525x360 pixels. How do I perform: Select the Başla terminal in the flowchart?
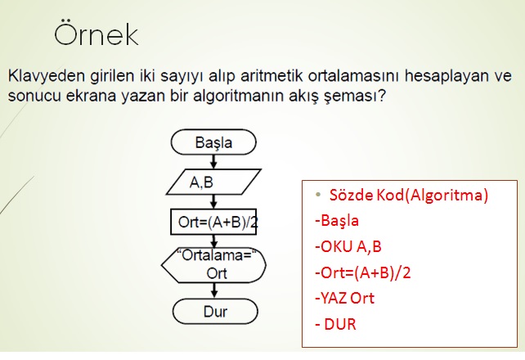(213, 142)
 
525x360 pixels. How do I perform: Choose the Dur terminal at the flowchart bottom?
(213, 311)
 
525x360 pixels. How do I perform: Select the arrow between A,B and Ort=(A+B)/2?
(213, 201)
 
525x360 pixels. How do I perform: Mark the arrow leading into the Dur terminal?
(213, 291)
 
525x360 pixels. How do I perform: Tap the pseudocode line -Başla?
(336, 221)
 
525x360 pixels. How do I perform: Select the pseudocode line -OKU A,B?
(348, 246)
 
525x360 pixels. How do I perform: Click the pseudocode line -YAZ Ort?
(343, 298)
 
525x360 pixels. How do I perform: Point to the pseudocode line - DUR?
(335, 324)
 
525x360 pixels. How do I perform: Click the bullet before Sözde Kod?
(317, 196)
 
